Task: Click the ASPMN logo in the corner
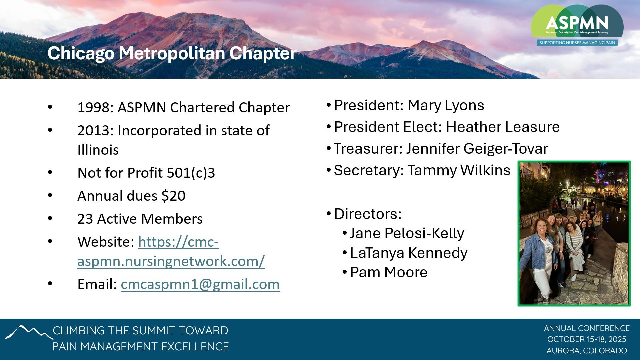pos(577,25)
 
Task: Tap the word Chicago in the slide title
pos(80,53)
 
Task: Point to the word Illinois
pos(98,150)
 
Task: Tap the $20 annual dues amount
pos(173,196)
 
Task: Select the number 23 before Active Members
pos(85,219)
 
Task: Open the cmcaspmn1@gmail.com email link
pos(200,284)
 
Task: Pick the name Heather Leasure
pos(503,127)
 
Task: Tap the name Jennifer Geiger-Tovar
pos(477,149)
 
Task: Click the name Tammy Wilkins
pos(459,170)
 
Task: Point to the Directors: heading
pos(368,214)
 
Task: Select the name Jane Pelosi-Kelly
pos(407,233)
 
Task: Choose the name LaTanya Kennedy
pos(409,253)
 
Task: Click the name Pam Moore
pos(389,272)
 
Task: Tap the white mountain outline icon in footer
pos(29,332)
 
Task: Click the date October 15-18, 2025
pos(587,339)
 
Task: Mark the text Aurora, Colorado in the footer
pos(587,351)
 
